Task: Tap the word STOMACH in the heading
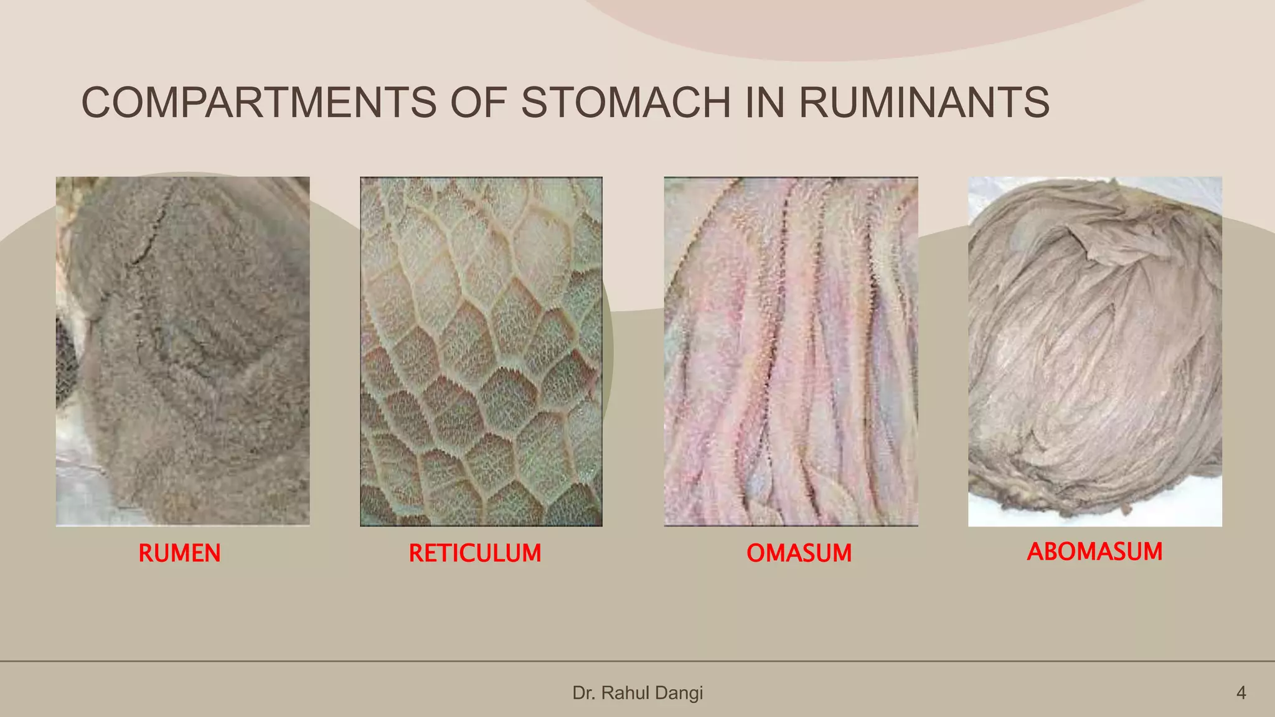coord(626,103)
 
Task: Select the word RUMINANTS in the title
coord(924,103)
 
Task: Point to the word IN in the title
coord(765,103)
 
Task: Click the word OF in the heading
coord(478,103)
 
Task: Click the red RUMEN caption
coord(179,553)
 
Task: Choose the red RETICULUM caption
coord(475,553)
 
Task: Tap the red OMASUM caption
coord(799,553)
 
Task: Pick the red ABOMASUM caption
coord(1094,551)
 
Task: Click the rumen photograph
coord(182,351)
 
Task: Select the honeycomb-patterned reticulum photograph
coord(481,351)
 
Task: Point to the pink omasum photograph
coord(791,351)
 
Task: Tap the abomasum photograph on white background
coord(1094,351)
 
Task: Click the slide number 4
coord(1241,693)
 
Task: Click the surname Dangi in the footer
coord(679,693)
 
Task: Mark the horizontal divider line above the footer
coord(637,661)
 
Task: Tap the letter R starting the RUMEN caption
coord(145,553)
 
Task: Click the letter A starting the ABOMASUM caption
coord(1035,551)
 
